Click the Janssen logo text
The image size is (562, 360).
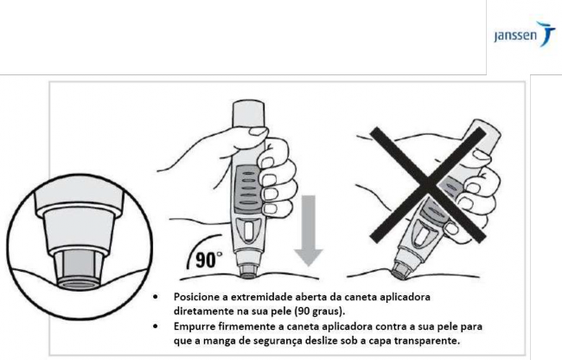[515, 35]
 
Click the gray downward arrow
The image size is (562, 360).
[309, 230]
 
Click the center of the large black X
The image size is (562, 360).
[428, 184]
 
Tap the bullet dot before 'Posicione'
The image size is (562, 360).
[155, 297]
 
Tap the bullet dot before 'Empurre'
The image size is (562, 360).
[155, 326]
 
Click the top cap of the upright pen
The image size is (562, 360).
[249, 113]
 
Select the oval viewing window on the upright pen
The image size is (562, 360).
[248, 231]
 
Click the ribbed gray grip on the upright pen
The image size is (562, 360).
[247, 189]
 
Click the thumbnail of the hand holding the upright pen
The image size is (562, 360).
[259, 132]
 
